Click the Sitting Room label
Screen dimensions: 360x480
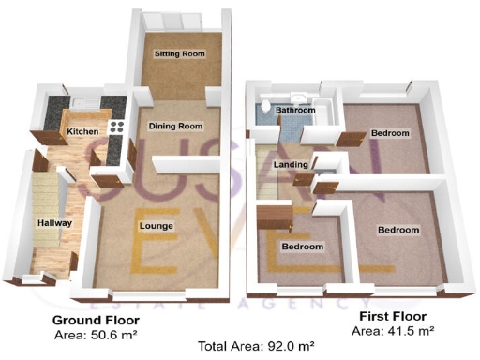point(180,54)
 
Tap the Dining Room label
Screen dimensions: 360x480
point(177,126)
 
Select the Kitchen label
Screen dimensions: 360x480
point(82,132)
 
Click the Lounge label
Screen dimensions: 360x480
point(155,226)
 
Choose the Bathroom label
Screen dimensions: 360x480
point(295,111)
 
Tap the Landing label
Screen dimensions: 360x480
point(285,165)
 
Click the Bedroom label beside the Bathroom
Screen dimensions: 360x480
point(389,134)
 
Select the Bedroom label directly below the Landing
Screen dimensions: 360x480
point(303,247)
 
